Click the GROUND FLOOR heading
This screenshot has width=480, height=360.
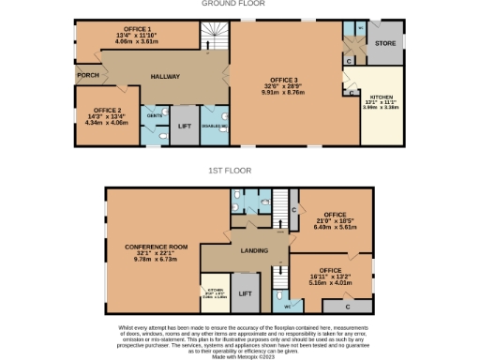(x=233, y=4)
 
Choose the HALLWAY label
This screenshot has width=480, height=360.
(x=160, y=76)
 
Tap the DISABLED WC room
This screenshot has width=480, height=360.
(x=215, y=123)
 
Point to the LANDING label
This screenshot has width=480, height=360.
(x=253, y=250)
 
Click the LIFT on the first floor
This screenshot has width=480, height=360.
(x=245, y=293)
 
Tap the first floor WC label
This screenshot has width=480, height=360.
(x=289, y=305)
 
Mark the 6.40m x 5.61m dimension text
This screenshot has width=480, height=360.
(x=336, y=227)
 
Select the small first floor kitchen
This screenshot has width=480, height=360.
(x=214, y=291)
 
